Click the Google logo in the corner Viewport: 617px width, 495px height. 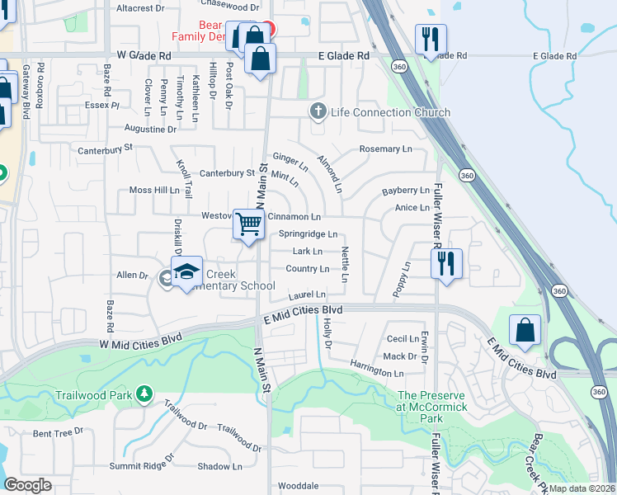pyautogui.click(x=27, y=485)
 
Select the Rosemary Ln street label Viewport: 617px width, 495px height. pyautogui.click(x=385, y=149)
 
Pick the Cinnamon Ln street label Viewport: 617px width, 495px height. pyautogui.click(x=294, y=216)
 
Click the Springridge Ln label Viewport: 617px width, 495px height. pyautogui.click(x=308, y=234)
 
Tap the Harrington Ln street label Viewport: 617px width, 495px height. pyautogui.click(x=375, y=371)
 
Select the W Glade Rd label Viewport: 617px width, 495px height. pyautogui.click(x=144, y=55)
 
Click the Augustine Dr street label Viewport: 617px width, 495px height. pyautogui.click(x=150, y=130)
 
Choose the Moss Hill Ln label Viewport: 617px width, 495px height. pyautogui.click(x=154, y=190)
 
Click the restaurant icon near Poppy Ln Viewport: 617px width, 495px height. pyautogui.click(x=446, y=264)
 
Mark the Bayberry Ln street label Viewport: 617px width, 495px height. pyautogui.click(x=406, y=191)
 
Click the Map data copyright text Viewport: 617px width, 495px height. pyautogui.click(x=581, y=488)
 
